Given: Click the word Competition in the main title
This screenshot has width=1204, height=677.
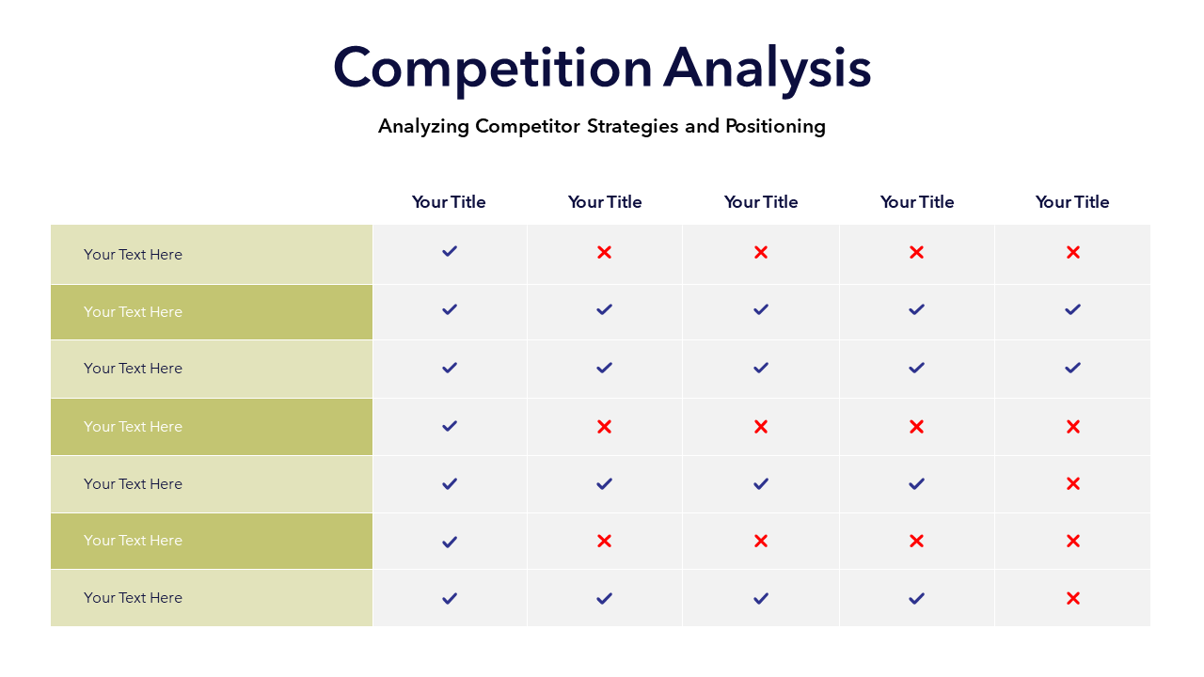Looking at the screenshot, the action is (492, 70).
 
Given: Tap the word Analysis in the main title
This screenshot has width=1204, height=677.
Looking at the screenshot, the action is (767, 70).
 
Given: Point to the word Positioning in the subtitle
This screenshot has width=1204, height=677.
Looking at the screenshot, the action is (776, 126).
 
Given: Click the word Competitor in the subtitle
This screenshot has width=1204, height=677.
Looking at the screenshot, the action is (528, 126).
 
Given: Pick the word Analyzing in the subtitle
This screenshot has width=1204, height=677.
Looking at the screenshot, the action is (423, 126).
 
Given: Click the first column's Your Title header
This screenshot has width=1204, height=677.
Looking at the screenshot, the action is (449, 202).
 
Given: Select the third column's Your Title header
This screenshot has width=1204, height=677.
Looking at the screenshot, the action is (761, 202).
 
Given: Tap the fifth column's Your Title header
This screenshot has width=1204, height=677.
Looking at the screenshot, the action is (1072, 202).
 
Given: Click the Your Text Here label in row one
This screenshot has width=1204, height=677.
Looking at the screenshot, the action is (133, 254).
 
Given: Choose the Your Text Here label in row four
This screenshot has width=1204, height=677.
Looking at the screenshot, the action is (133, 427).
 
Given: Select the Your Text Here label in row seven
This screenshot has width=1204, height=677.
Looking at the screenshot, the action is (133, 598).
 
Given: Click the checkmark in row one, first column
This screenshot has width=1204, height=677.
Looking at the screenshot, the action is (450, 251).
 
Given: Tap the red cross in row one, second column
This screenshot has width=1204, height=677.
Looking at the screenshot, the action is (604, 252).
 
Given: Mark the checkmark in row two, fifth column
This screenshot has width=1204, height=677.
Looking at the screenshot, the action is (1072, 309).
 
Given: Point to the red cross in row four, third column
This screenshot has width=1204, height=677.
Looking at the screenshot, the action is (761, 427).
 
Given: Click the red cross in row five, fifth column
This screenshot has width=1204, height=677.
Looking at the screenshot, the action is (1073, 483).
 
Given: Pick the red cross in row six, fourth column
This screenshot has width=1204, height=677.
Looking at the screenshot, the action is (916, 541).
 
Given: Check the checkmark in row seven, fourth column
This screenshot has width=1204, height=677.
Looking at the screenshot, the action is (916, 599).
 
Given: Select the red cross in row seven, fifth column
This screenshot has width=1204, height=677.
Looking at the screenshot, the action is (1073, 598).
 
